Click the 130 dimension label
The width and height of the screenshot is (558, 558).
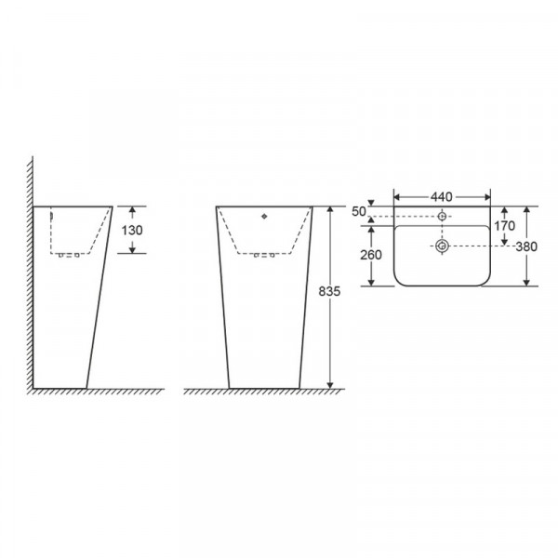132,231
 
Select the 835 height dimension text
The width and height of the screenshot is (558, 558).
329,291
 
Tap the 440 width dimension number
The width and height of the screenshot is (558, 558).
441,197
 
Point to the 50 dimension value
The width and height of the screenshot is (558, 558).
359,211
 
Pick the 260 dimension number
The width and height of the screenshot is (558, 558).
371,255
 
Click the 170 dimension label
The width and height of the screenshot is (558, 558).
504,226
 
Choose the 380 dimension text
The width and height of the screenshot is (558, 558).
526,246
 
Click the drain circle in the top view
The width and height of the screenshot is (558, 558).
442,246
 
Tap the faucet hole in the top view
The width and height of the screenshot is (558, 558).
442,216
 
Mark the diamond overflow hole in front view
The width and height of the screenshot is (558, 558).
264,216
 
